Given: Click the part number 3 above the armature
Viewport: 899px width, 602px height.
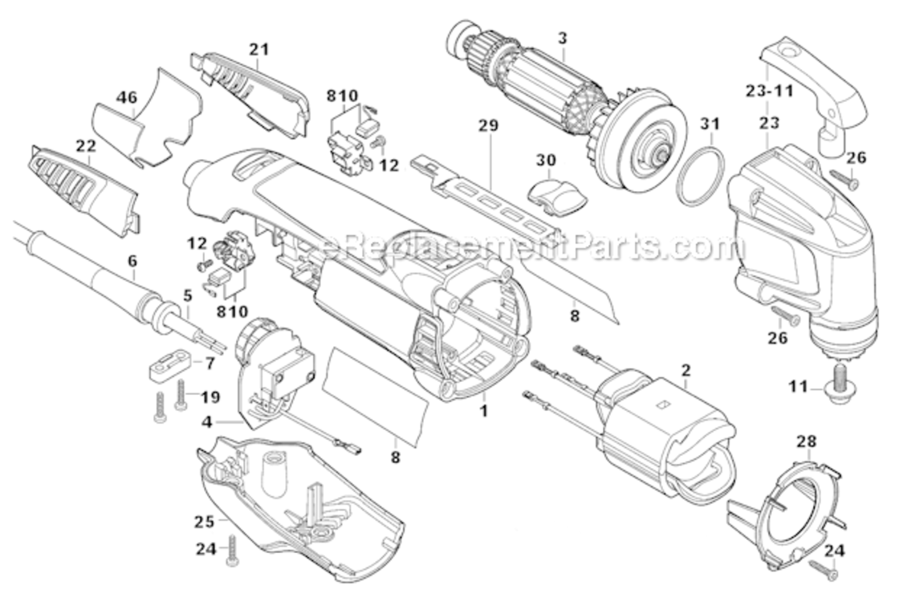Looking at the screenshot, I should [563, 37].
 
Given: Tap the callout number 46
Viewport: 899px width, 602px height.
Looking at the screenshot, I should [127, 98].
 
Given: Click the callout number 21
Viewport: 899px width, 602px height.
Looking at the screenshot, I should [258, 49].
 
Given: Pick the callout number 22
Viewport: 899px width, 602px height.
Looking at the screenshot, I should [86, 146].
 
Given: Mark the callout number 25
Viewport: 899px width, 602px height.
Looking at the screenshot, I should [204, 521].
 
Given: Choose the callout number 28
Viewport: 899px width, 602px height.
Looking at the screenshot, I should [807, 441].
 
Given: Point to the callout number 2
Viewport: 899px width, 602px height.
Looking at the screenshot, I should [685, 370].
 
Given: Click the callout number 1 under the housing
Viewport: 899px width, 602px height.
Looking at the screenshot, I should [484, 409].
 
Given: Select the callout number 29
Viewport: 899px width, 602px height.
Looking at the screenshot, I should [488, 126].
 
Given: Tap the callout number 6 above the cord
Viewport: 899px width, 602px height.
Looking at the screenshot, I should [132, 261].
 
